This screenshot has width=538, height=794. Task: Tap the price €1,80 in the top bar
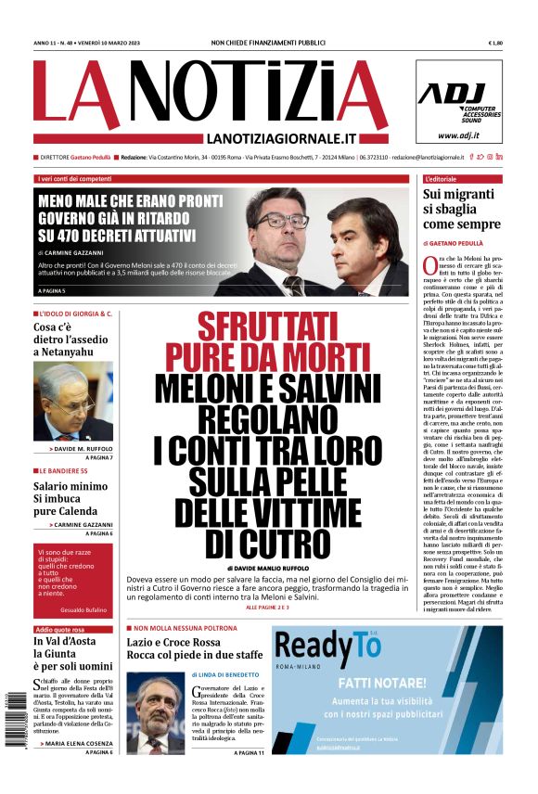point(494,43)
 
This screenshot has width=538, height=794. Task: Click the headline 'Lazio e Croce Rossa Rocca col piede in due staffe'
point(194,647)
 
